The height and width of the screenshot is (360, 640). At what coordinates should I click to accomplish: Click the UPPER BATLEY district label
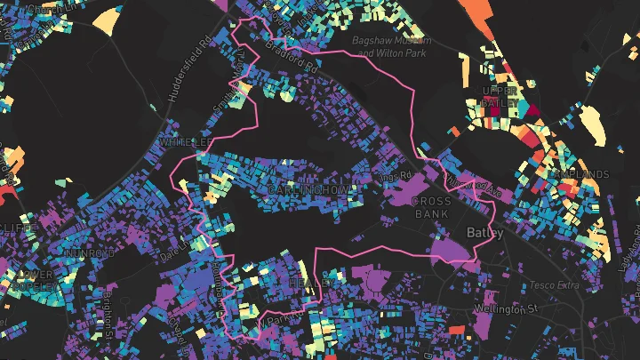point(499,97)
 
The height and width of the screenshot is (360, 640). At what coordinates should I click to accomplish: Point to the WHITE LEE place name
point(185,142)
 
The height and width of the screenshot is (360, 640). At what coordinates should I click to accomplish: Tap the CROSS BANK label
point(433,207)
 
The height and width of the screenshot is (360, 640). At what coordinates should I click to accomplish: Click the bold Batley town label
point(485,233)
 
